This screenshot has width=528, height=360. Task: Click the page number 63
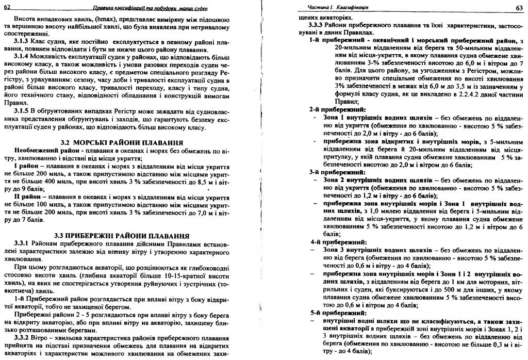519,7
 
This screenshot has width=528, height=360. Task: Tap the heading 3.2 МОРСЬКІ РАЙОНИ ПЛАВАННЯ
121,142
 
